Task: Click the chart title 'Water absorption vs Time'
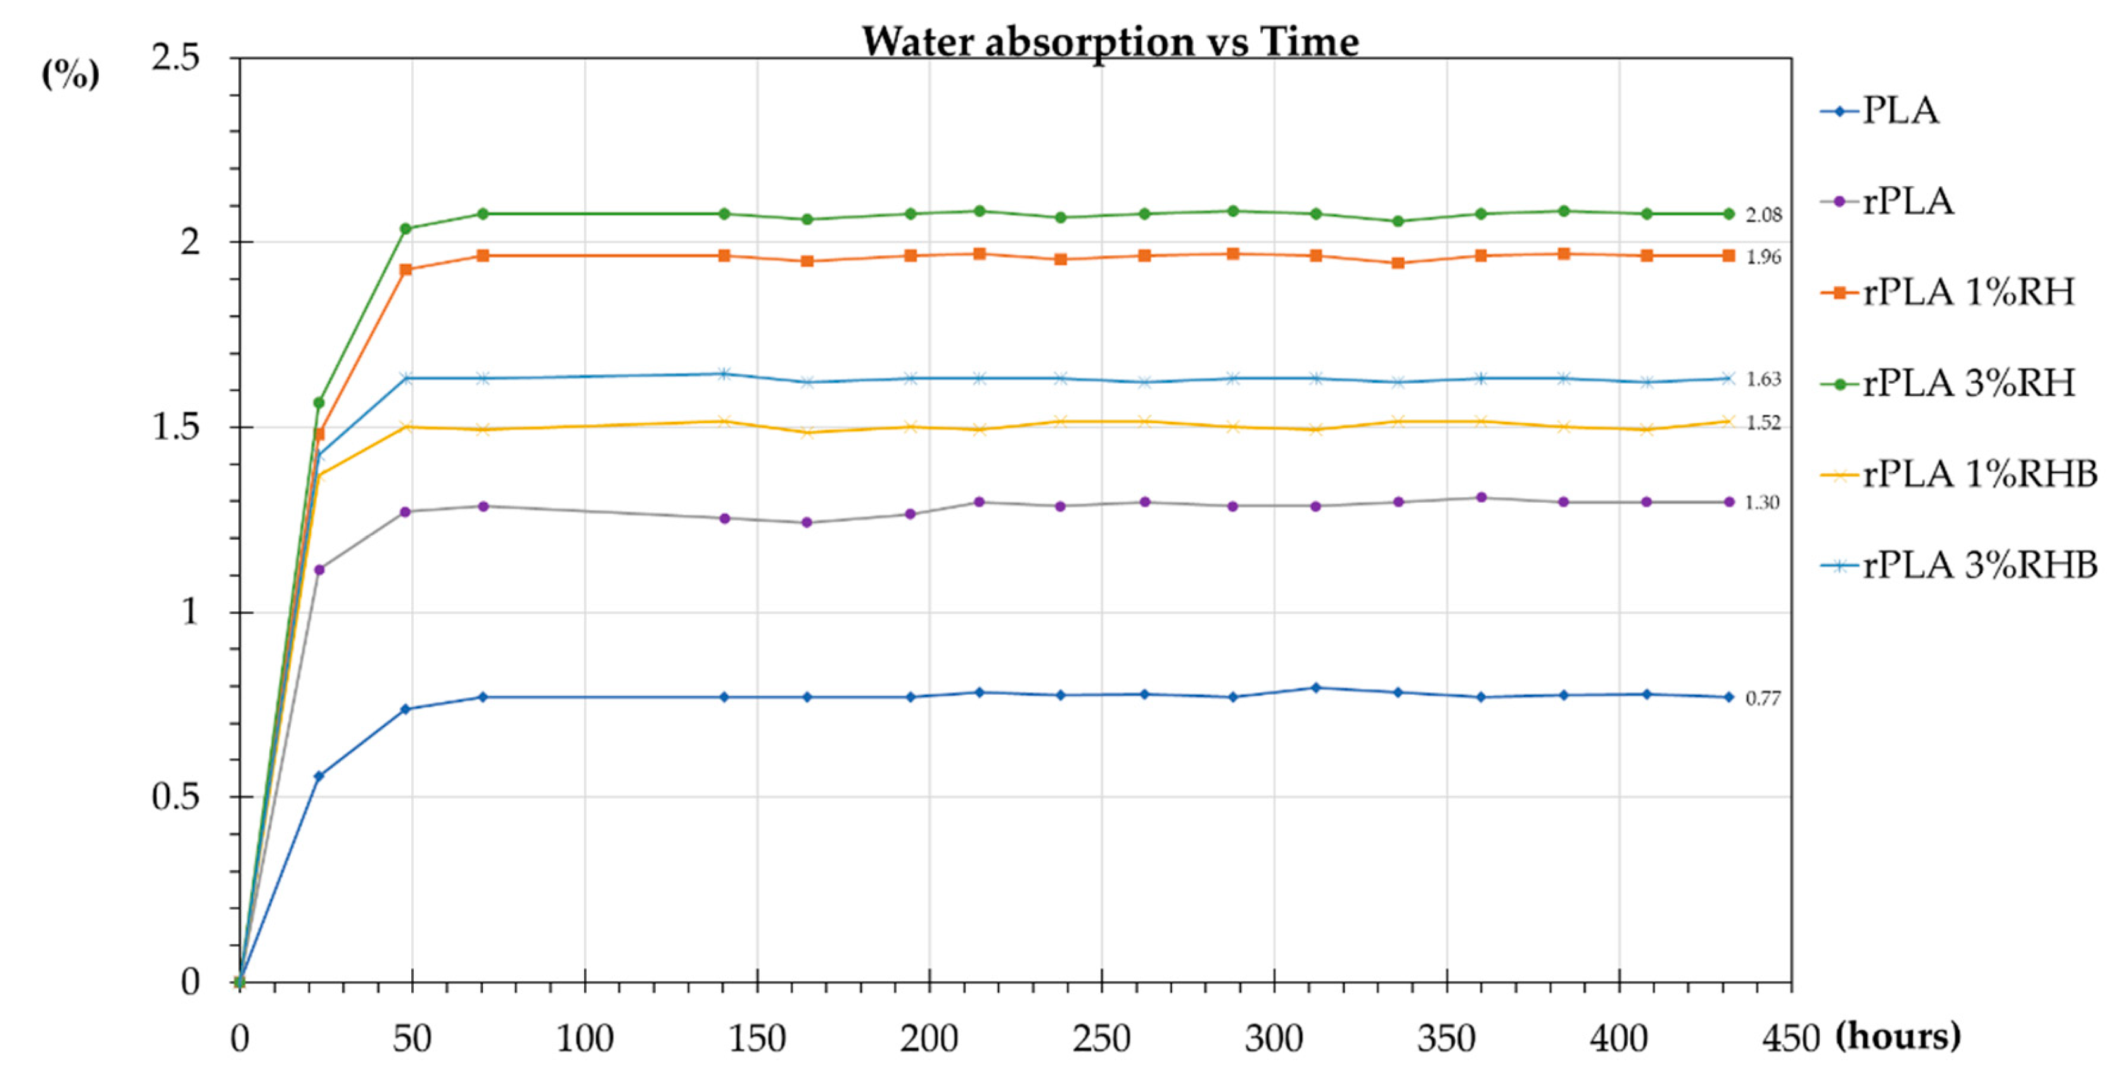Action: (x=1110, y=41)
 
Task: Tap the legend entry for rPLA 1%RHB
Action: (x=1959, y=474)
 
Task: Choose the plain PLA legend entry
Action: (x=1879, y=111)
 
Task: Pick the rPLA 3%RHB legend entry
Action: (x=1959, y=566)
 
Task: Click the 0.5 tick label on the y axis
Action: (x=175, y=797)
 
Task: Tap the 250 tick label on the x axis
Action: (x=1101, y=1039)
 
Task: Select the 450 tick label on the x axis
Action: (x=1791, y=1039)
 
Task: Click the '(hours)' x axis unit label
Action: (x=1898, y=1037)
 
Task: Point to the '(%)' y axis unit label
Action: (x=70, y=74)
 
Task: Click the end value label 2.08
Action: (x=1763, y=215)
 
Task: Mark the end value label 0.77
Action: (x=1763, y=699)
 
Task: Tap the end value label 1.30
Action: (x=1763, y=502)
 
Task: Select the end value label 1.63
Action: (x=1763, y=379)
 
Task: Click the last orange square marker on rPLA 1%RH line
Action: (x=1728, y=256)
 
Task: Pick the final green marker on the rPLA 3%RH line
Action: (x=1728, y=214)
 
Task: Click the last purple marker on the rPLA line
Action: (x=1728, y=502)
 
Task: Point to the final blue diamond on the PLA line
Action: (x=1728, y=697)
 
